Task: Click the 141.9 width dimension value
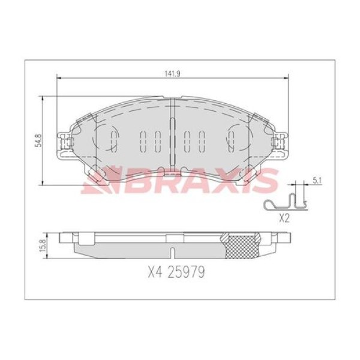click(172, 74)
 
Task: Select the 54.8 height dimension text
click(38, 140)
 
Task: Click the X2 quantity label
click(284, 219)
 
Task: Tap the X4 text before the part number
click(155, 272)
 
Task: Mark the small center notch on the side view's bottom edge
click(172, 253)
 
